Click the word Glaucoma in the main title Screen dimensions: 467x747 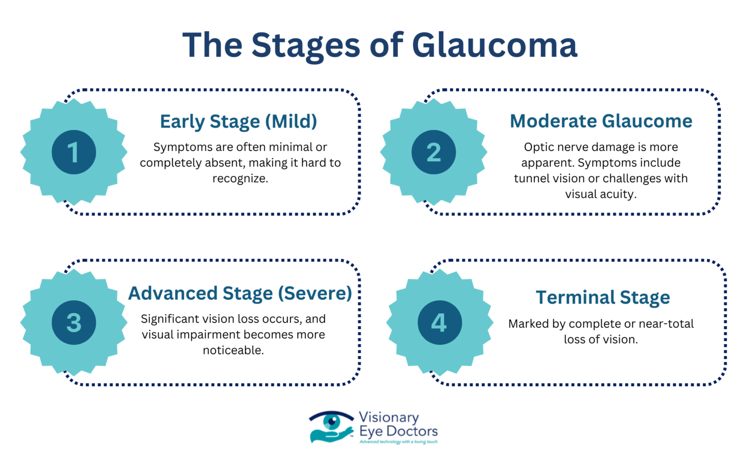pos(495,45)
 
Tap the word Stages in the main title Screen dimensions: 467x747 pos(305,46)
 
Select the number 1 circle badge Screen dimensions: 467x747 pos(74,152)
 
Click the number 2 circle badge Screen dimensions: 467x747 pos(433,152)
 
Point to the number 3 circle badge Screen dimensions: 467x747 pos(74,323)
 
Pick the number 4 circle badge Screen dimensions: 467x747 pos(439,323)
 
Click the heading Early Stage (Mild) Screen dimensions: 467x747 pos(239,121)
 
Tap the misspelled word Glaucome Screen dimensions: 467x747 pos(647,121)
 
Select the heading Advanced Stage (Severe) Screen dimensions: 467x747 pos(240,293)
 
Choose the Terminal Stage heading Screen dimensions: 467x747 pos(603,297)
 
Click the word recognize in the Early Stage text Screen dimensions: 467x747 pos(240,179)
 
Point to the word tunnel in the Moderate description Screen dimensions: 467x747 pos(530,179)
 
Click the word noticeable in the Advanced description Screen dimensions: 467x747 pos(233,350)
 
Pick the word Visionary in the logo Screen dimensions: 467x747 pos(389,417)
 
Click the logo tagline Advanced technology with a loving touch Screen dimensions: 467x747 pos(398,442)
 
